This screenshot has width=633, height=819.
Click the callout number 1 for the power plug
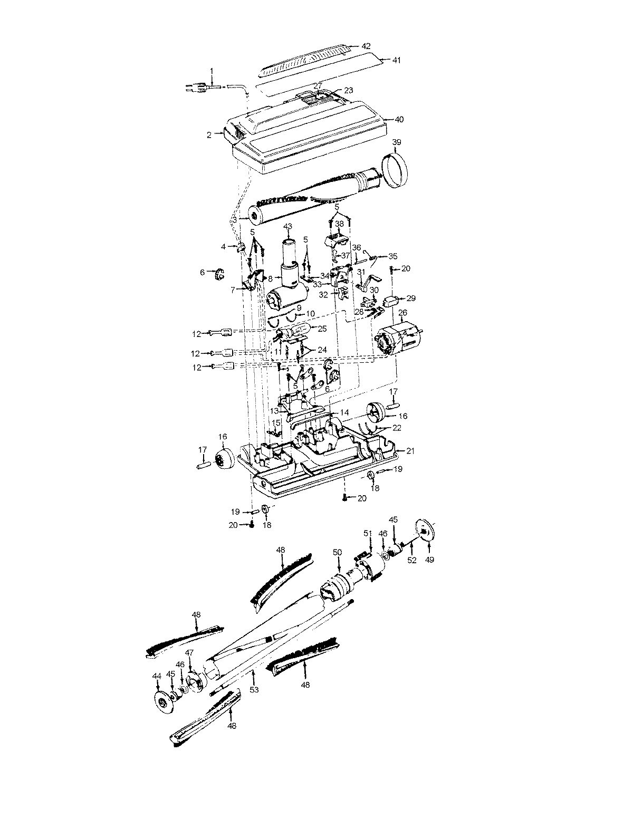(212, 71)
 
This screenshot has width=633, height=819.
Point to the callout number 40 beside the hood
(399, 120)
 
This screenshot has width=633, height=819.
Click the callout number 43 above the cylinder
(288, 226)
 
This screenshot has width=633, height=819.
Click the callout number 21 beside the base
(409, 450)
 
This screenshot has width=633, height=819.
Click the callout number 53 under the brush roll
(254, 689)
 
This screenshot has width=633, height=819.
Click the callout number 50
(338, 552)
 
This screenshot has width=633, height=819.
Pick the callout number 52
(412, 560)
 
